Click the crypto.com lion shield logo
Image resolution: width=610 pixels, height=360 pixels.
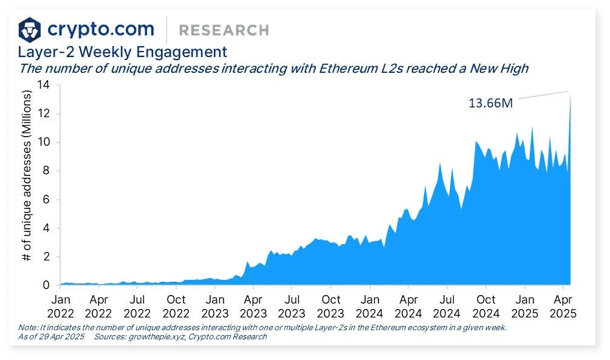30,29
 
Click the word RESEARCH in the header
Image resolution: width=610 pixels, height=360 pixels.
224,30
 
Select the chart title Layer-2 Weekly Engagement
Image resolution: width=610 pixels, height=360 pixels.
122,52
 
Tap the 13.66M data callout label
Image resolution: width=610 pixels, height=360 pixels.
490,103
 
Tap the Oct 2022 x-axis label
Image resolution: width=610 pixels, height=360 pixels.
176,306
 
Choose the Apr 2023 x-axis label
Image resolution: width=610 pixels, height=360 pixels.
253,306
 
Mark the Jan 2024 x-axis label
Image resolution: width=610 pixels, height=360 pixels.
369,306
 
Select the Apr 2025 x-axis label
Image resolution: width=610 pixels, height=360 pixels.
562,306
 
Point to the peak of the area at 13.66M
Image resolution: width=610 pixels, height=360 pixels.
570,93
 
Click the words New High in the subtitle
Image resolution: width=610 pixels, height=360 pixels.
497,69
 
